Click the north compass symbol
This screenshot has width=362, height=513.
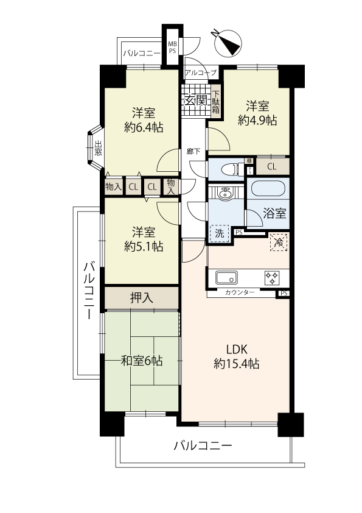pyautogui.click(x=228, y=43)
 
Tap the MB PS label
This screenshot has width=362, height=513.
pyautogui.click(x=172, y=48)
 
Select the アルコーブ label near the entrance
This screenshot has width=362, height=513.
pyautogui.click(x=201, y=73)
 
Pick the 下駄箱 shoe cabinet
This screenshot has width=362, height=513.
pyautogui.click(x=215, y=101)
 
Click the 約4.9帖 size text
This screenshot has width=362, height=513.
pyautogui.click(x=257, y=121)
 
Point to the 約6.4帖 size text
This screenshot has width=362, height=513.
pyautogui.click(x=144, y=127)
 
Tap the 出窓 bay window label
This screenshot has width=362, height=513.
pyautogui.click(x=98, y=148)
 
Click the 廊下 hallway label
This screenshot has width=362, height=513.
pyautogui.click(x=193, y=152)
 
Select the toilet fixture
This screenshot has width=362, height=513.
pyautogui.click(x=232, y=169)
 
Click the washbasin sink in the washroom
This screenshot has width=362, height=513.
pyautogui.click(x=225, y=194)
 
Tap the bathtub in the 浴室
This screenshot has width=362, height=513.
pyautogui.click(x=268, y=189)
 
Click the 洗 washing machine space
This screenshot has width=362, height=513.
pyautogui.click(x=220, y=233)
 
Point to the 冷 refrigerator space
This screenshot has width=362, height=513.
pyautogui.click(x=279, y=242)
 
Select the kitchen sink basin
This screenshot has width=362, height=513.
pyautogui.click(x=226, y=278)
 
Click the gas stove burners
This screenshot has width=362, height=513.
pyautogui.click(x=272, y=278)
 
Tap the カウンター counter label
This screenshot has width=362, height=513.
pyautogui.click(x=240, y=292)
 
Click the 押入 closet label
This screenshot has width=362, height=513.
pyautogui.click(x=142, y=298)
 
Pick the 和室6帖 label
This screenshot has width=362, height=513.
pyautogui.click(x=142, y=361)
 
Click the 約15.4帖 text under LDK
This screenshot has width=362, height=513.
pyautogui.click(x=237, y=364)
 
